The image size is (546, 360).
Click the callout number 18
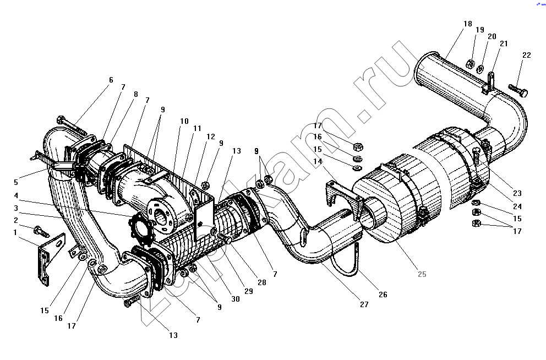click(468, 24)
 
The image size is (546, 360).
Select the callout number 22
click(527, 55)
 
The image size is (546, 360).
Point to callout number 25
click(422, 274)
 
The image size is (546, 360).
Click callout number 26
click(383, 294)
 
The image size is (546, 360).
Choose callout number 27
click(364, 304)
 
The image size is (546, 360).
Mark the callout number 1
click(15, 232)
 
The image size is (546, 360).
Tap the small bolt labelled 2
click(41, 231)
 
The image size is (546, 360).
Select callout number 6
click(111, 80)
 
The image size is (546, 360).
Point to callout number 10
click(184, 121)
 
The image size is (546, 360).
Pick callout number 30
click(236, 299)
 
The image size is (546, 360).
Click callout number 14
click(318, 161)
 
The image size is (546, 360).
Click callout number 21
click(504, 43)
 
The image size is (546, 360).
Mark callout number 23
click(517, 193)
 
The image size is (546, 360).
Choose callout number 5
click(15, 182)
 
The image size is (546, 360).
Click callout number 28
click(262, 282)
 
